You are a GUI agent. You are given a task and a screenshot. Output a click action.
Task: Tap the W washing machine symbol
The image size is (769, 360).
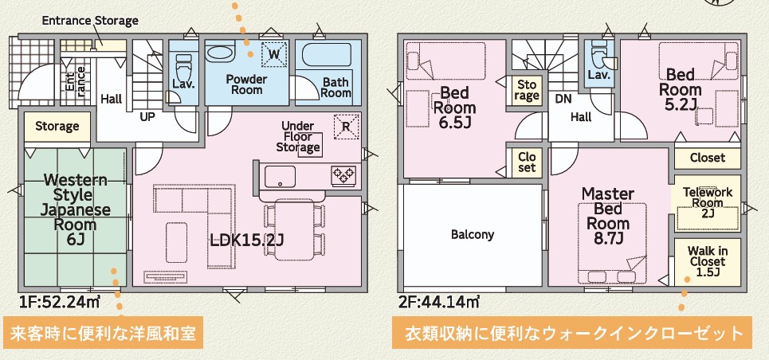[273, 53]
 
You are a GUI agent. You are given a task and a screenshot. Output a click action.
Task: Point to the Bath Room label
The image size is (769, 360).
[336, 87]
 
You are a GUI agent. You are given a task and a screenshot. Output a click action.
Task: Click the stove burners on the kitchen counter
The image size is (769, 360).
[344, 173]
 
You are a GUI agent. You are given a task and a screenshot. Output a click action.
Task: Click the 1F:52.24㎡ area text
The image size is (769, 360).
[60, 302]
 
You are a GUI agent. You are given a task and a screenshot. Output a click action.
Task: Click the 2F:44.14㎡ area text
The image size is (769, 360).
[438, 302]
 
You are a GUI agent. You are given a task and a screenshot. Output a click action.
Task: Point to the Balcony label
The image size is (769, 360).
[473, 235]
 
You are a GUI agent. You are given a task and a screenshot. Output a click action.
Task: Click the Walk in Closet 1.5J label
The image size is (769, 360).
[707, 261]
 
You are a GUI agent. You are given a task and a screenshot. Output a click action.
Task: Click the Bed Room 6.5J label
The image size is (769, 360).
[456, 108]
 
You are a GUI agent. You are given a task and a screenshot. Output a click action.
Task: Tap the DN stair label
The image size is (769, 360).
[563, 100]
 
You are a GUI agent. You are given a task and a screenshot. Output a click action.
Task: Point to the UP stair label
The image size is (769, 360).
[147, 116]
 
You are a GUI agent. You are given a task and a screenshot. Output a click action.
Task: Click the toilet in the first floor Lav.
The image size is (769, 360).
[184, 65]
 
